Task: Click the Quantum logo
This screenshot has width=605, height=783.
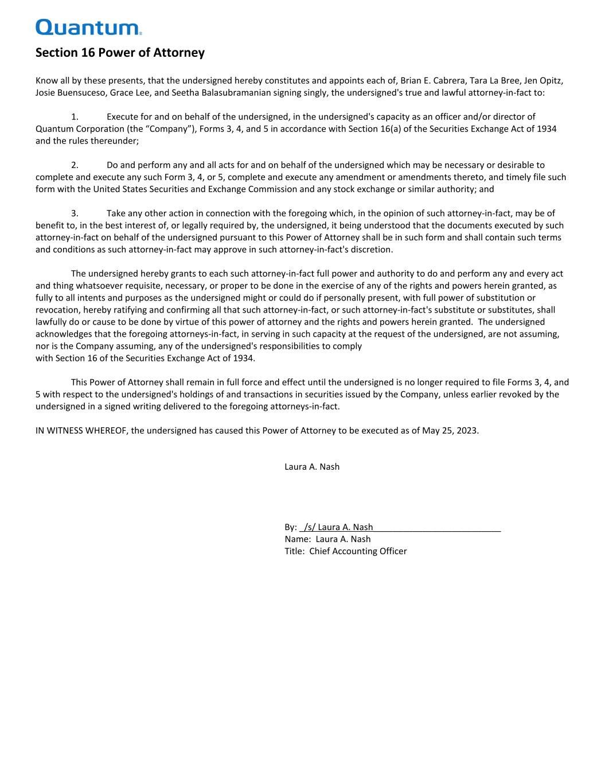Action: pyautogui.click(x=88, y=27)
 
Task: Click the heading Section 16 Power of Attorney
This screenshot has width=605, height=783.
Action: pyautogui.click(x=120, y=53)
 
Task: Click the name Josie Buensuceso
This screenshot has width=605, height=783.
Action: pyautogui.click(x=70, y=93)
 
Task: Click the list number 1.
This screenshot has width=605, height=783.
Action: pyautogui.click(x=74, y=117)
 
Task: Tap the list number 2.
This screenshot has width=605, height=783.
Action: pyautogui.click(x=74, y=165)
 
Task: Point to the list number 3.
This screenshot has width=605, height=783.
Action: pyautogui.click(x=74, y=213)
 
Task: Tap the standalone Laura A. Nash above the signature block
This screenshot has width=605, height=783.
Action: pyautogui.click(x=312, y=467)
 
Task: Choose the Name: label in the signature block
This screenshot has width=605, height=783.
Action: pyautogui.click(x=298, y=539)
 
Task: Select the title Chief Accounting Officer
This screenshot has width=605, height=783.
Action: pyautogui.click(x=358, y=551)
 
